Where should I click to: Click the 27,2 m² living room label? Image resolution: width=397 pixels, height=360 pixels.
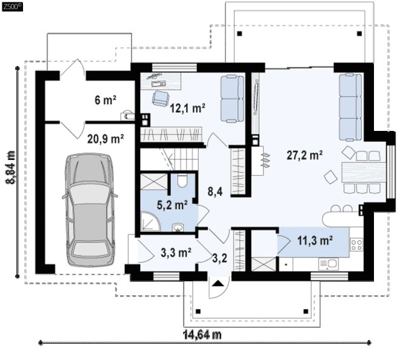pyautogui.click(x=305, y=155)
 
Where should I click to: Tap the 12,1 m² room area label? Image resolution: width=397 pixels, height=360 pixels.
pyautogui.click(x=187, y=108)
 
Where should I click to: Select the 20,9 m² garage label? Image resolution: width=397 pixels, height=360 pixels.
pyautogui.click(x=105, y=139)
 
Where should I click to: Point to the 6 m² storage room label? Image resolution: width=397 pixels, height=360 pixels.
pyautogui.click(x=105, y=100)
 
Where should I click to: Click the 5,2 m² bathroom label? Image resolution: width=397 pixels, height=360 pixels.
pyautogui.click(x=172, y=205)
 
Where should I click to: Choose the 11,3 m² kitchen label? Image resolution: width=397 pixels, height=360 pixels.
pyautogui.click(x=315, y=240)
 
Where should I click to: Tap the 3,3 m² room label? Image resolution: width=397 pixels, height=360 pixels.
pyautogui.click(x=176, y=252)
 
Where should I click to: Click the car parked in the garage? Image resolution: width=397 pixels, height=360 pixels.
pyautogui.click(x=90, y=210)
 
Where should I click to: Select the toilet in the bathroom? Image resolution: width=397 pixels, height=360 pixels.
pyautogui.click(x=182, y=181)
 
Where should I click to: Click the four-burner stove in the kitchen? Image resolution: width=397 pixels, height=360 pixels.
pyautogui.click(x=356, y=245)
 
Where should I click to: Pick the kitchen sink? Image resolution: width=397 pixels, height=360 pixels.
pyautogui.click(x=329, y=264)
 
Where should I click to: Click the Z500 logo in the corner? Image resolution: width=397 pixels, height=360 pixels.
pyautogui.click(x=12, y=7)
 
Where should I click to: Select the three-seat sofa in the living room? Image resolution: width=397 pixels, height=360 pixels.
pyautogui.click(x=350, y=107)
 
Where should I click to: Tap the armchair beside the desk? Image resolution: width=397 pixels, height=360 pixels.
pyautogui.click(x=161, y=98)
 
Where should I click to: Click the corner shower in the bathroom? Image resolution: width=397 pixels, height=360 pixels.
pyautogui.click(x=150, y=222)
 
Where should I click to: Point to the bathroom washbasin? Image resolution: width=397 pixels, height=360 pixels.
pyautogui.click(x=179, y=227)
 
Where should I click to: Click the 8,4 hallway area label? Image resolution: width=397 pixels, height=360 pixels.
pyautogui.click(x=215, y=192)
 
